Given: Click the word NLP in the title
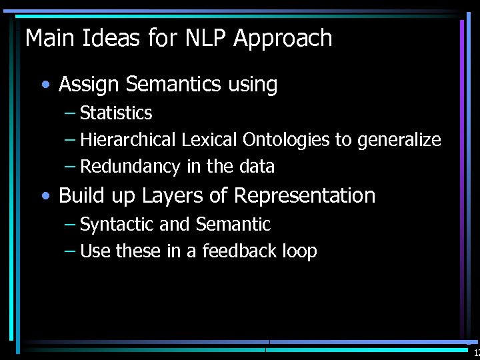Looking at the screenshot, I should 203,38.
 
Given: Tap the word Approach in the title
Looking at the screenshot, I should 283,39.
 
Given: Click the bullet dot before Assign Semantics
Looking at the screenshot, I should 45,85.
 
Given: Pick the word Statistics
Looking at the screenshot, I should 116,113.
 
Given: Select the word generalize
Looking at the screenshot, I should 399,141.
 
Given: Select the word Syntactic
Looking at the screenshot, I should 117,225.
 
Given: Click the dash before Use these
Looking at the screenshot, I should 70,251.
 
